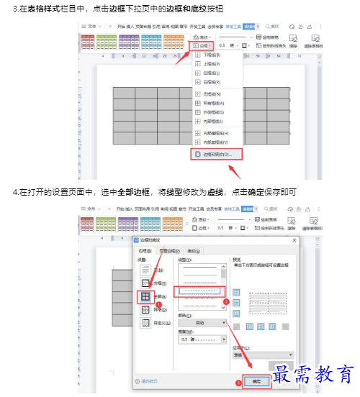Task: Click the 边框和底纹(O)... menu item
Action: (217, 154)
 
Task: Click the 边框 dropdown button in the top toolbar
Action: (201, 45)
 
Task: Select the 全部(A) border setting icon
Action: (145, 296)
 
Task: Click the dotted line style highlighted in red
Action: (201, 290)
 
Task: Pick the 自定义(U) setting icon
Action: (145, 323)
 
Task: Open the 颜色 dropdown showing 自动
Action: (202, 323)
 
